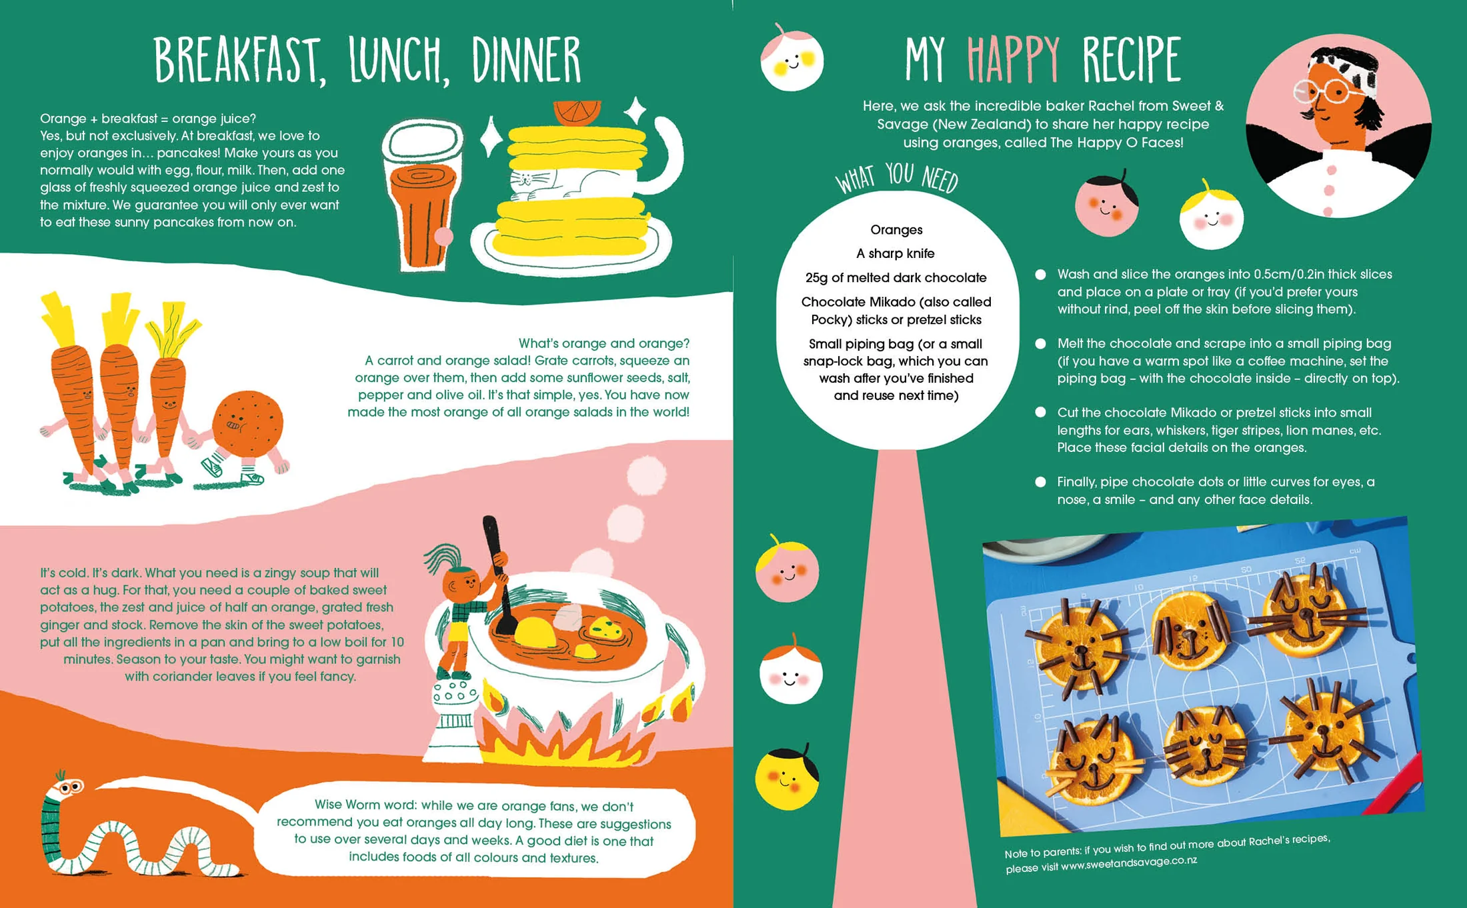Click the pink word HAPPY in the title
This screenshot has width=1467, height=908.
[1014, 59]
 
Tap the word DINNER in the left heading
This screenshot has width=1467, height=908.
[527, 60]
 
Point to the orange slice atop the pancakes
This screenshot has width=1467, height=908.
[577, 113]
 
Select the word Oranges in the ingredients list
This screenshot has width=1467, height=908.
[896, 230]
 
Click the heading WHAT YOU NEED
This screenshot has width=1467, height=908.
[897, 179]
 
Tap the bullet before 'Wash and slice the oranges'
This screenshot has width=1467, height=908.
[1040, 275]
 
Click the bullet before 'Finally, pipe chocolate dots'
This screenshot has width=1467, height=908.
[1040, 482]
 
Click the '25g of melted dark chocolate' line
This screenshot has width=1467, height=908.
[896, 278]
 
